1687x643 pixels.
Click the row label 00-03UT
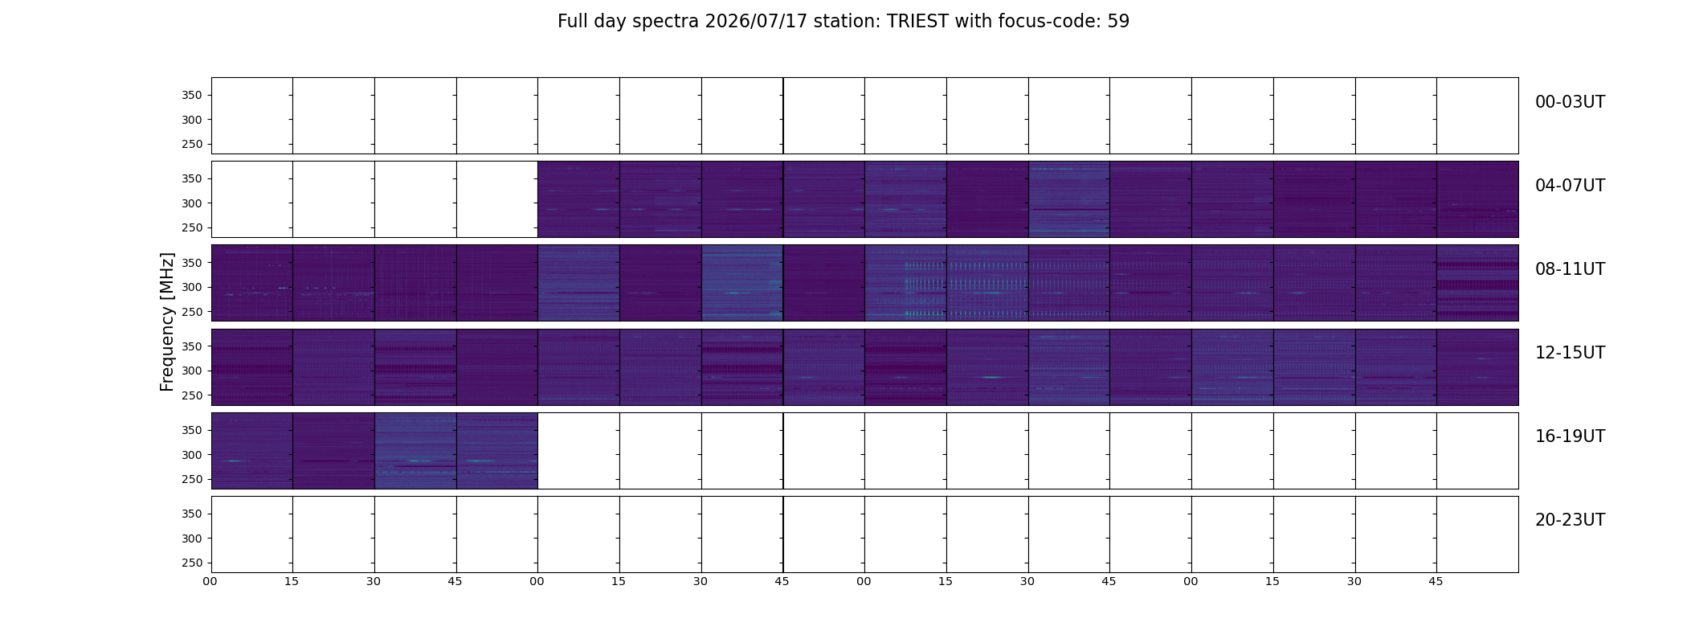point(1570,102)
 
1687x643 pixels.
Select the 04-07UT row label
point(1570,186)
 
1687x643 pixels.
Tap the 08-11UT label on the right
point(1570,269)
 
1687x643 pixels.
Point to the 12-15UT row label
point(1570,353)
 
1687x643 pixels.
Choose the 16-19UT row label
point(1570,436)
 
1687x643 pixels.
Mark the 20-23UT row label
point(1570,520)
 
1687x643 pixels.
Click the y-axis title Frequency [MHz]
point(167,321)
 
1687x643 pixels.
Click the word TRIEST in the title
point(917,22)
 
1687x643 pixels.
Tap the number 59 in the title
point(1118,22)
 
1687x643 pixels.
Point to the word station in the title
point(847,22)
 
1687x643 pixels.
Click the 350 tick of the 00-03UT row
point(192,96)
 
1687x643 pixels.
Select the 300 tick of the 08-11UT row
point(192,287)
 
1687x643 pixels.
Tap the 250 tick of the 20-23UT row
point(192,563)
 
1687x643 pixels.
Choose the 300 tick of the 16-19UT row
point(192,455)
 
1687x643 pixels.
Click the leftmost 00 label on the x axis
point(210,581)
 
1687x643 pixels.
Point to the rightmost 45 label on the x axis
point(1436,581)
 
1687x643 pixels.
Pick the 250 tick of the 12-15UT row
point(192,396)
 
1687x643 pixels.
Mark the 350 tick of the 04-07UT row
point(192,179)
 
